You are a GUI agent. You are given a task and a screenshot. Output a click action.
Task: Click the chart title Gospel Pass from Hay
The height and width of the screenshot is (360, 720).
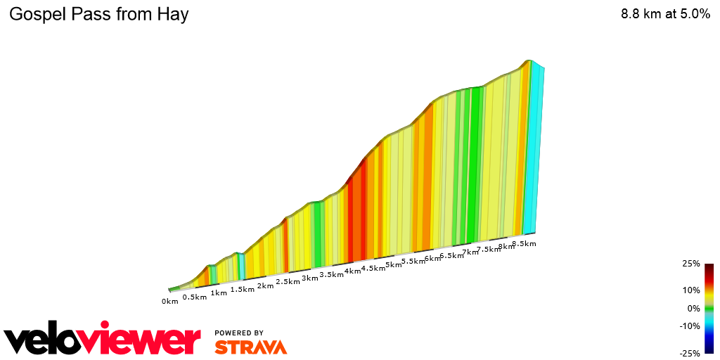tap(98, 15)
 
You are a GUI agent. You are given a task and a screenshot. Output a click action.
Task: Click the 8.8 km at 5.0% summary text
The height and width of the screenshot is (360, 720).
tap(665, 15)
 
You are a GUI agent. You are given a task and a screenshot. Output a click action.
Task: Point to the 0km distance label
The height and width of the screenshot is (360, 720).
tap(169, 302)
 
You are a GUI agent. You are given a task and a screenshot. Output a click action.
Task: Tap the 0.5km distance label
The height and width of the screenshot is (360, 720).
tap(195, 297)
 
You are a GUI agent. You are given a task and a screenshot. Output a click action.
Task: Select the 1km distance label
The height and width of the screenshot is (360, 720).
tap(219, 292)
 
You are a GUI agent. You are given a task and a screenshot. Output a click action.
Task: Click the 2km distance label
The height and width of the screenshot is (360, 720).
tap(265, 285)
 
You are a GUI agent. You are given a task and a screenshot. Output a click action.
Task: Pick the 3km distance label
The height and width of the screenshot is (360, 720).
tap(310, 278)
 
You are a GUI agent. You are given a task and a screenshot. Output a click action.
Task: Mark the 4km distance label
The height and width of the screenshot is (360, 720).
tap(352, 271)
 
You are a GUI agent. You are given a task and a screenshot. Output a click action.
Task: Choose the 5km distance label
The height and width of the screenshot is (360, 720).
tap(393, 265)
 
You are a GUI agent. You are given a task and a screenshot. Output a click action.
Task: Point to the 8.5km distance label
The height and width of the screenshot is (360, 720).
tap(524, 244)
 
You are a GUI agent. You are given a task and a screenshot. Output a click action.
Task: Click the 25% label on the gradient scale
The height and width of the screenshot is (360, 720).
tap(691, 264)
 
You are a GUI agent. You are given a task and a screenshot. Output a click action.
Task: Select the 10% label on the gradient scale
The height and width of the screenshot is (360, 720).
tap(691, 290)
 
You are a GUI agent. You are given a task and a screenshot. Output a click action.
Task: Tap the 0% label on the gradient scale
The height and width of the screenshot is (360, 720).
tap(693, 308)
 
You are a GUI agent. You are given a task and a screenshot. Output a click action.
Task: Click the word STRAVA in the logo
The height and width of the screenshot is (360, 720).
tap(250, 347)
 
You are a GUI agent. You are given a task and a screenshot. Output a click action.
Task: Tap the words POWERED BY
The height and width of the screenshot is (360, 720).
tap(239, 333)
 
